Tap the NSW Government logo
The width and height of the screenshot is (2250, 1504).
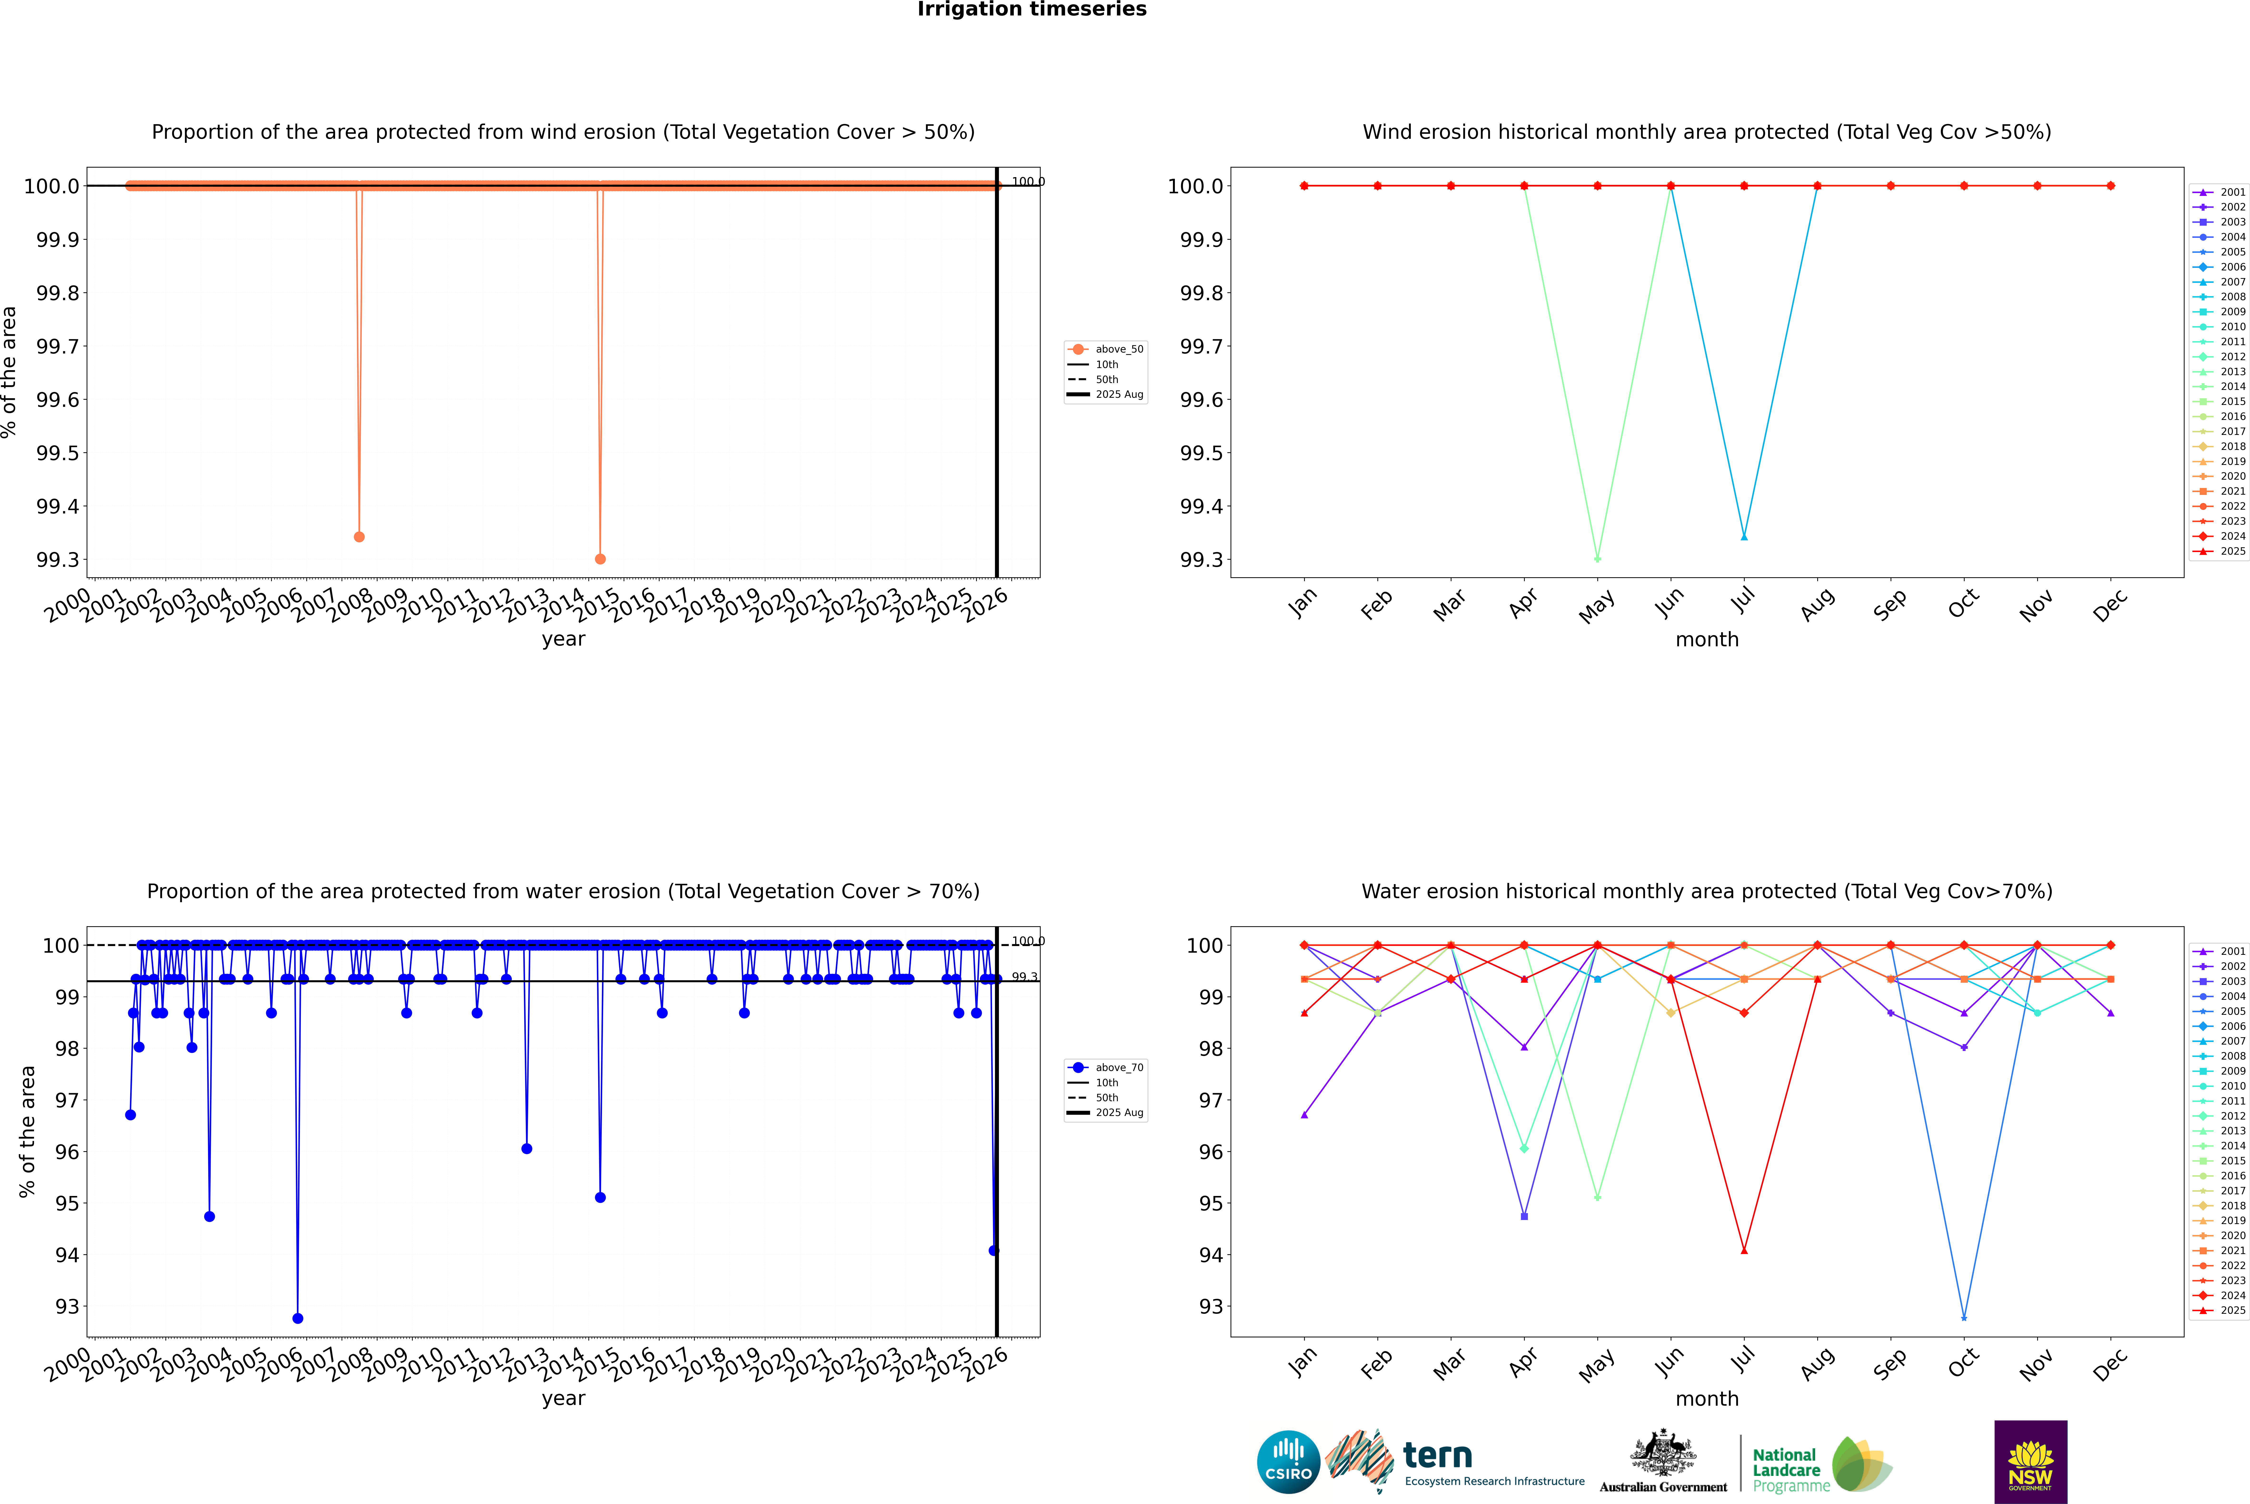[x=2030, y=1461]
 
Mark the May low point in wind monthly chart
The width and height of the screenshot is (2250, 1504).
[x=1597, y=558]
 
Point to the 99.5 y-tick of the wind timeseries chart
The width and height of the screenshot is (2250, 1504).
[x=58, y=453]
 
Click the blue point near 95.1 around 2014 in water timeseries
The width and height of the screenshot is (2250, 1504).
[x=600, y=1197]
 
